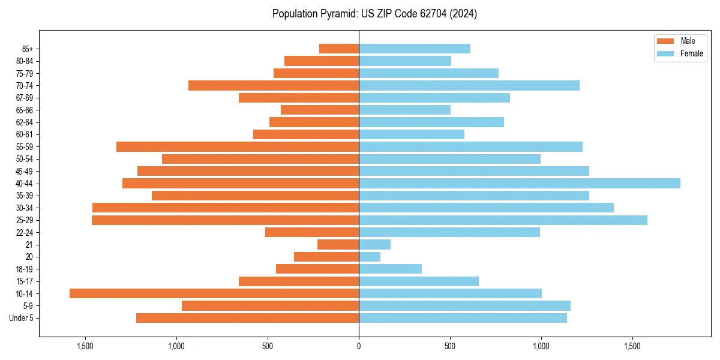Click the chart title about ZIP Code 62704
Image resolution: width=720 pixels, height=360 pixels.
click(374, 14)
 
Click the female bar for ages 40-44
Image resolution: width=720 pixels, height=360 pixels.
click(520, 184)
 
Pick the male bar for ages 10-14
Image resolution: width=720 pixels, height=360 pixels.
click(214, 293)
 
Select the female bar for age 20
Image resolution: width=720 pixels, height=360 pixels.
click(370, 257)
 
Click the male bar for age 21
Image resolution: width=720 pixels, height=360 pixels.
click(338, 245)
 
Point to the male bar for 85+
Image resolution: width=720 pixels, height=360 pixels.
click(339, 49)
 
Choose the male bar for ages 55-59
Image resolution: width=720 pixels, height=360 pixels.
click(238, 147)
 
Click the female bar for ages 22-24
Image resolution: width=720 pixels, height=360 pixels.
click(449, 232)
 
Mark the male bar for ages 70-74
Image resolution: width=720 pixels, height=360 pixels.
click(274, 86)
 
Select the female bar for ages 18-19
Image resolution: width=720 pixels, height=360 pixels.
click(390, 269)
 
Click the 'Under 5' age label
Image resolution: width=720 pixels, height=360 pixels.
click(22, 318)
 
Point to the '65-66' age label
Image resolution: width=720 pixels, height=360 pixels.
click(25, 110)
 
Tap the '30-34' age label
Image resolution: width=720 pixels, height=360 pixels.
click(25, 208)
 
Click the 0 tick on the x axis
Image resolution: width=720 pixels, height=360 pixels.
click(359, 346)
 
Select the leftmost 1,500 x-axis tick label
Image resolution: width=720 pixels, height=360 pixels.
click(85, 346)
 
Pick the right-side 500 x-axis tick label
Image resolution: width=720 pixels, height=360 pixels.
click(450, 346)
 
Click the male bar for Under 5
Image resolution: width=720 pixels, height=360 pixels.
click(247, 318)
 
